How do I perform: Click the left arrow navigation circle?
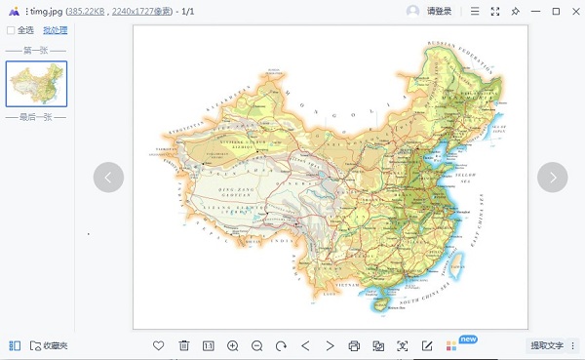[x=108, y=177]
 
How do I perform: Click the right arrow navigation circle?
[x=553, y=177]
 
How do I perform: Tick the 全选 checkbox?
[x=11, y=30]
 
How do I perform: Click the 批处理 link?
[x=55, y=30]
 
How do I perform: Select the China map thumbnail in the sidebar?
[x=36, y=84]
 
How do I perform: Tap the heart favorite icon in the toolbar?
[x=159, y=345]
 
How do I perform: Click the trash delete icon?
[x=183, y=345]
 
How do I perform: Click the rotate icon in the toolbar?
[x=281, y=345]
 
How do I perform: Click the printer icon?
[x=354, y=345]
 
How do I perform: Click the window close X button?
[x=574, y=11]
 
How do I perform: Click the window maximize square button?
[x=556, y=11]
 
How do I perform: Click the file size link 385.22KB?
[x=86, y=11]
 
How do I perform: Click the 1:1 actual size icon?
[x=208, y=345]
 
